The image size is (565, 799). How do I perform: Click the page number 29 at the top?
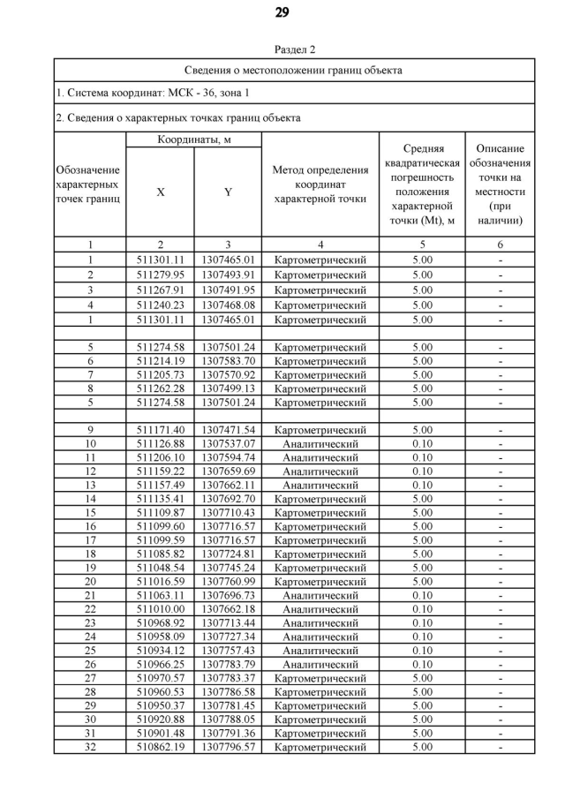pyautogui.click(x=282, y=12)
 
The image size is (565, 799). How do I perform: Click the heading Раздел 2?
pyautogui.click(x=282, y=49)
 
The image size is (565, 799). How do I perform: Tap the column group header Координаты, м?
pyautogui.click(x=194, y=140)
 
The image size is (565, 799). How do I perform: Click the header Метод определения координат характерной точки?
pyautogui.click(x=320, y=185)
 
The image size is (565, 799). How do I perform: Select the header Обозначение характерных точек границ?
pyautogui.click(x=89, y=185)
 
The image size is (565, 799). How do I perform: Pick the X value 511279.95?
pyautogui.click(x=160, y=275)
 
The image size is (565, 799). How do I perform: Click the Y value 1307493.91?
pyautogui.click(x=228, y=275)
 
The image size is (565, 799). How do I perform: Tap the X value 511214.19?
pyautogui.click(x=160, y=361)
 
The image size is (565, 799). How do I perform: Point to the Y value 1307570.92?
pyautogui.click(x=228, y=374)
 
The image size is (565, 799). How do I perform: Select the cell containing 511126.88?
pyautogui.click(x=160, y=443)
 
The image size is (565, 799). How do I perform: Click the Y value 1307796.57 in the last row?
pyautogui.click(x=228, y=747)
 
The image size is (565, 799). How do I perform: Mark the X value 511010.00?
pyautogui.click(x=160, y=609)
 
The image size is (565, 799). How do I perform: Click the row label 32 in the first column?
pyautogui.click(x=89, y=747)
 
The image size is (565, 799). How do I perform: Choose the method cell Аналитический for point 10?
pyautogui.click(x=320, y=443)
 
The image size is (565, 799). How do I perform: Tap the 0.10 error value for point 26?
pyautogui.click(x=423, y=664)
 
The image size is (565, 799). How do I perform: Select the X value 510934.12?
pyautogui.click(x=160, y=651)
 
